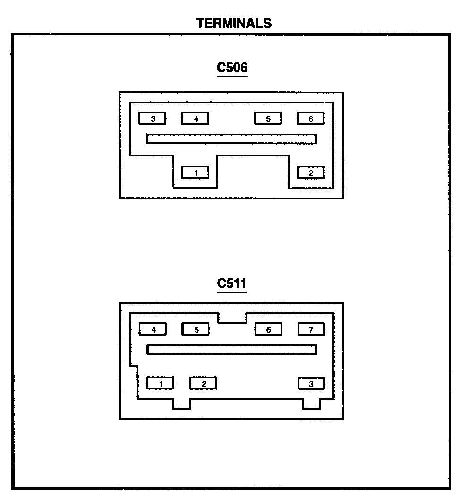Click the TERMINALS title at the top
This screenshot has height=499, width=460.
[x=234, y=23]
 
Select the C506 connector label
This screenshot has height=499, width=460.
[x=232, y=68]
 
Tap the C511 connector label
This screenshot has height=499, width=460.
[x=232, y=284]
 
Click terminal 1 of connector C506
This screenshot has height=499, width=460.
[x=196, y=173]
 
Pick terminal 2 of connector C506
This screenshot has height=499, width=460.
[x=311, y=173]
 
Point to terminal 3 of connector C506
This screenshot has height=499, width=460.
[x=153, y=119]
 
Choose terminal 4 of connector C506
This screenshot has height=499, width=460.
[x=195, y=119]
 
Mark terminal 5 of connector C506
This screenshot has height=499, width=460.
[x=268, y=119]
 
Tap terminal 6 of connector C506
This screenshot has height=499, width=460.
[x=311, y=119]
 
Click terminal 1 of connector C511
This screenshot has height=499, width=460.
[x=160, y=383]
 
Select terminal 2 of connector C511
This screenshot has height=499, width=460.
[x=203, y=383]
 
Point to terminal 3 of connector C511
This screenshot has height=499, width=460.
[x=311, y=383]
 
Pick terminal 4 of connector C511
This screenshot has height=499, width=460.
[x=153, y=329]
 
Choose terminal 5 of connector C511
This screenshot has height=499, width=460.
[x=196, y=329]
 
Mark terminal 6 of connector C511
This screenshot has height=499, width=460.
[x=268, y=329]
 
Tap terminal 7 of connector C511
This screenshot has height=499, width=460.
[x=311, y=329]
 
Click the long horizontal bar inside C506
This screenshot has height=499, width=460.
[x=231, y=139]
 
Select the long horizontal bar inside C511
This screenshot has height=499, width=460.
[x=231, y=350]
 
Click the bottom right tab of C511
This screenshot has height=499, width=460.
[x=311, y=404]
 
